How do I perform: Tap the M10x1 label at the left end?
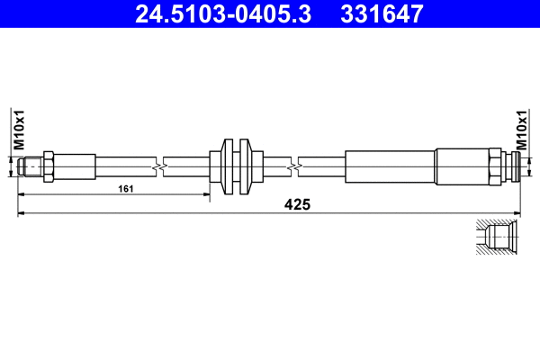tap(17, 130)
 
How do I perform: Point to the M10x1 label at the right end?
tap(523, 130)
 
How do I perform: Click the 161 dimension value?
tap(127, 190)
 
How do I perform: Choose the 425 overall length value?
tap(297, 204)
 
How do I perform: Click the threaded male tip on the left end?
tap(31, 166)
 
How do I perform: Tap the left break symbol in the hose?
tap(158, 166)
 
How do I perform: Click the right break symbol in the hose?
tap(295, 166)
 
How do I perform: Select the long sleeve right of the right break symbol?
tap(390, 166)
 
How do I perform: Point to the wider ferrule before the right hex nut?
tap(461, 166)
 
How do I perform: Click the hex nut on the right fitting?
tap(495, 166)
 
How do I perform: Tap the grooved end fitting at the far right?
tap(512, 166)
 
